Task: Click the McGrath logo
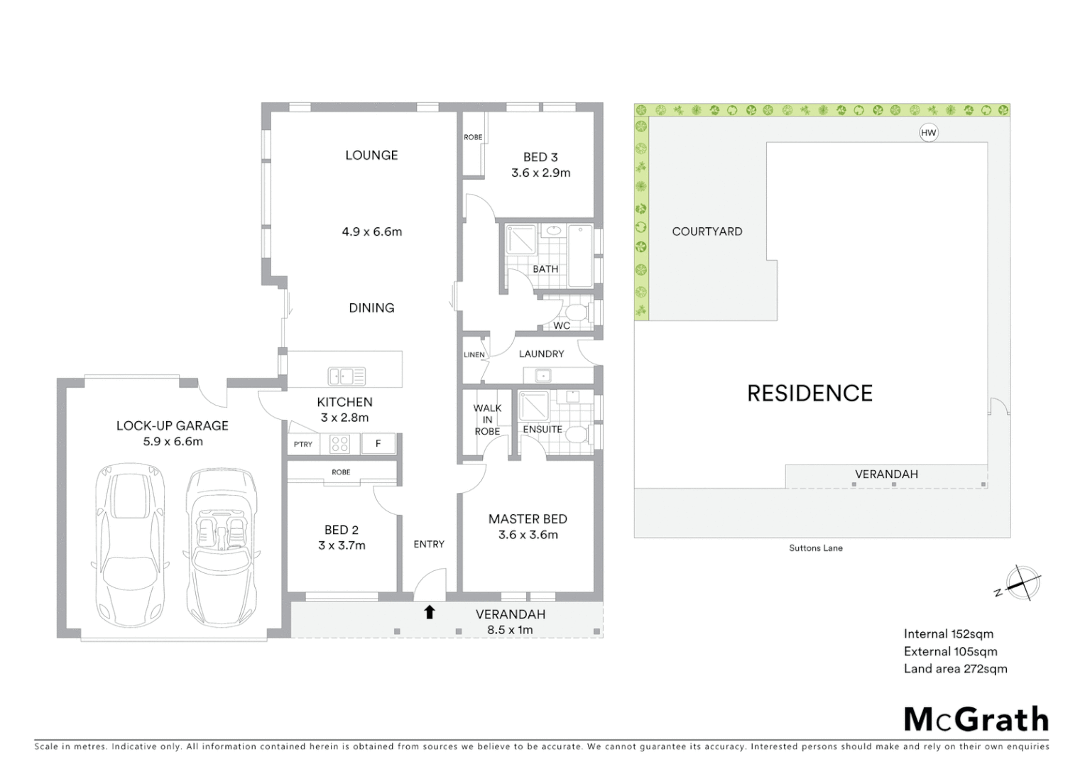pos(976,719)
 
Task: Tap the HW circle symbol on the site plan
pos(928,133)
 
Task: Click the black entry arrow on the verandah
pos(429,612)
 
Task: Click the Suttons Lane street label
pos(816,548)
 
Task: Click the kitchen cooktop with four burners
pos(340,444)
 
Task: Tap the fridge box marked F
pos(378,444)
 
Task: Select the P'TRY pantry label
pos(303,445)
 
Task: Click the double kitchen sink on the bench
pos(347,376)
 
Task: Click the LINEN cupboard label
pos(474,355)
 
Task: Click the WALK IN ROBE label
pos(487,420)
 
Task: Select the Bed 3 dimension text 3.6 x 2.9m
pos(540,173)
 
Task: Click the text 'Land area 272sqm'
pos(955,668)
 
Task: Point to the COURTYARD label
pos(707,232)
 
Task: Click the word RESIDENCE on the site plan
pos(809,393)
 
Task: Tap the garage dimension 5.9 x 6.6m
pos(173,441)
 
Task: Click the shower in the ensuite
pos(534,406)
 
